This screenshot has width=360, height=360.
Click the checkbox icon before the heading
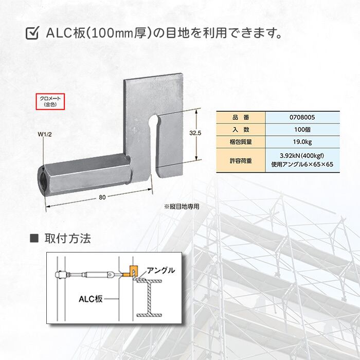[x=32, y=34]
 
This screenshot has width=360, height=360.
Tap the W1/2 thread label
[x=45, y=136]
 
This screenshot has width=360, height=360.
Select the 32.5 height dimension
[x=194, y=133]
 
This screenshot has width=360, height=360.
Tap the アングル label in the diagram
[x=161, y=269]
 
